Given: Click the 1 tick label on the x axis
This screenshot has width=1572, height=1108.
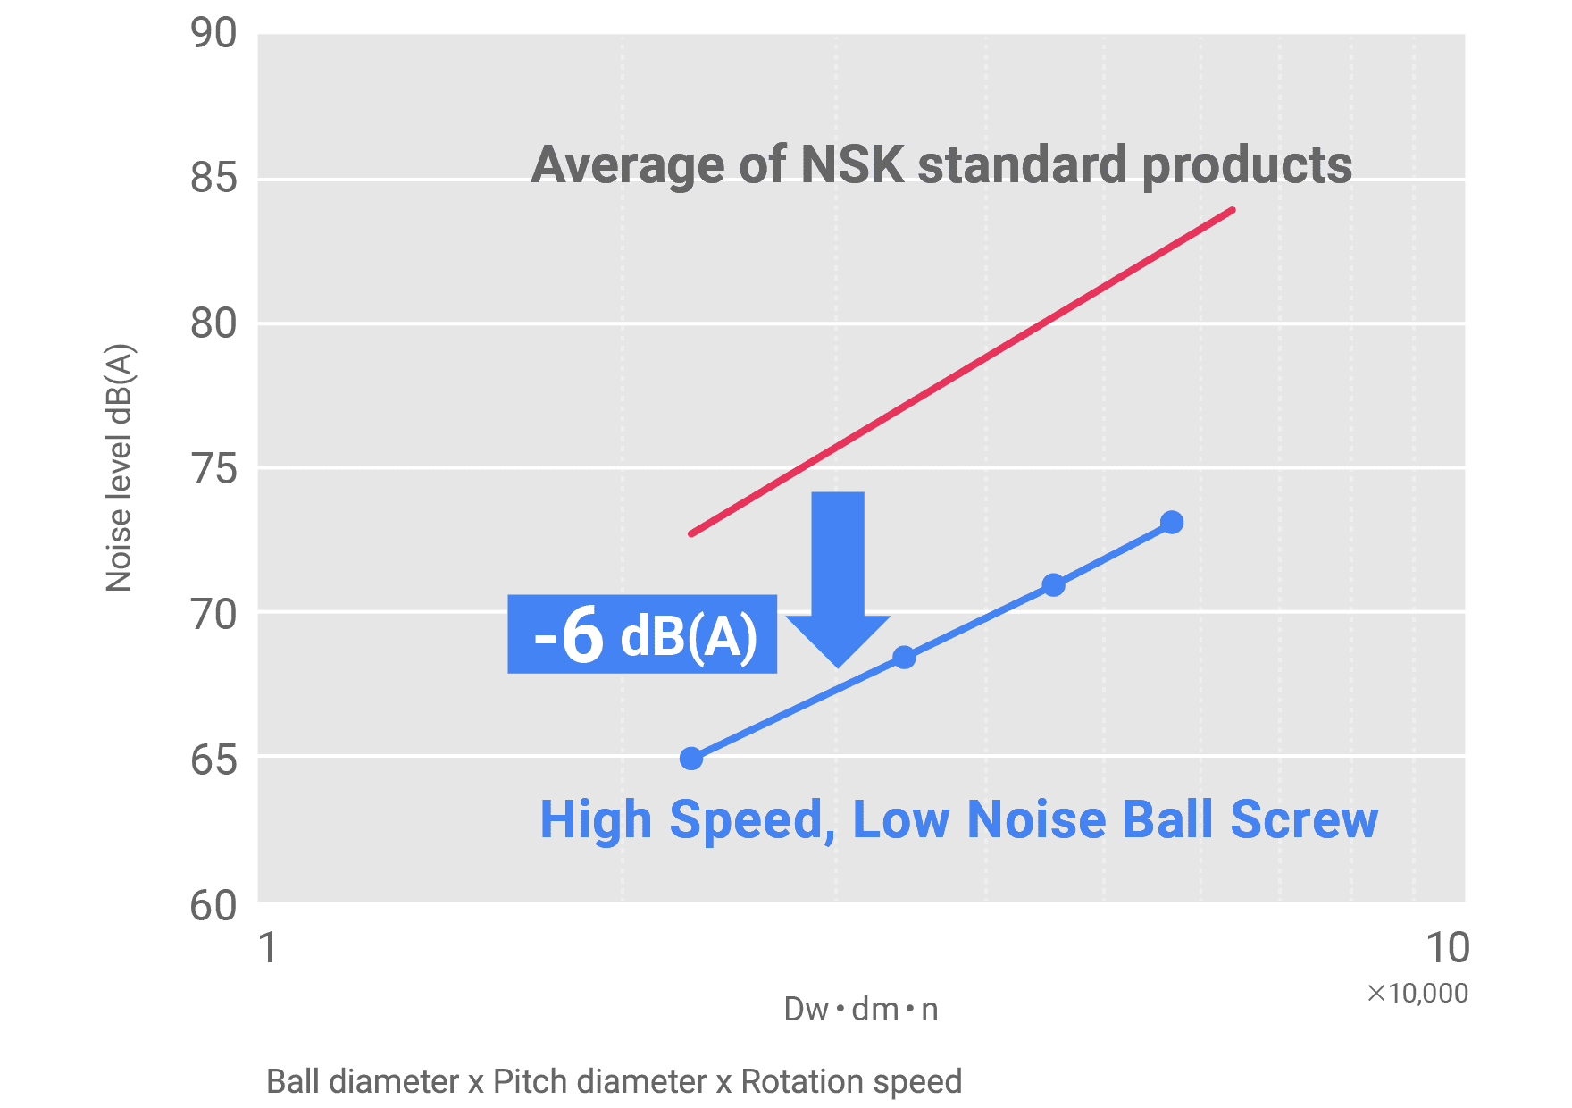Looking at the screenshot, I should [268, 948].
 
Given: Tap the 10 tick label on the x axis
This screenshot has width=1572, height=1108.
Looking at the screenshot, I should [1447, 948].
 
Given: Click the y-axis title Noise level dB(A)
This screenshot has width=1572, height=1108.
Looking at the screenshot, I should [119, 467].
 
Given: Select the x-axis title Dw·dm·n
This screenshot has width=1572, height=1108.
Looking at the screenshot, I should [861, 1010].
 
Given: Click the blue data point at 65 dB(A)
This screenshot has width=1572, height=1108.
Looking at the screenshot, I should [691, 759].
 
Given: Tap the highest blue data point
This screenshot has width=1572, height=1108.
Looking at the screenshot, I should [1172, 523].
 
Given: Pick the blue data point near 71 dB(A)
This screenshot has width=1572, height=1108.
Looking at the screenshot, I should [1054, 585].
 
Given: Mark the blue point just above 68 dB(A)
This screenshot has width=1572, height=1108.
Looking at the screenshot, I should [904, 658].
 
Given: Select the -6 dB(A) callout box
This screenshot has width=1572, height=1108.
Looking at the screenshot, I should [642, 634].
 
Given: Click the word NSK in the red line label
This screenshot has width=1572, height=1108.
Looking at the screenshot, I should [852, 165].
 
